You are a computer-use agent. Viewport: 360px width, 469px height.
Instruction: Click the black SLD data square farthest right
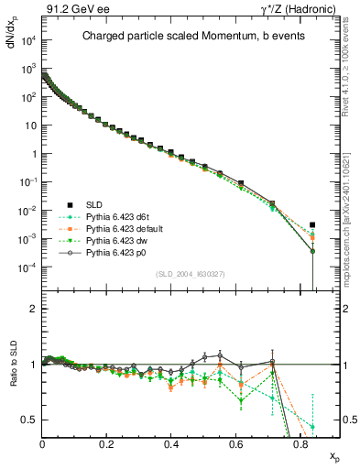click(x=312, y=224)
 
